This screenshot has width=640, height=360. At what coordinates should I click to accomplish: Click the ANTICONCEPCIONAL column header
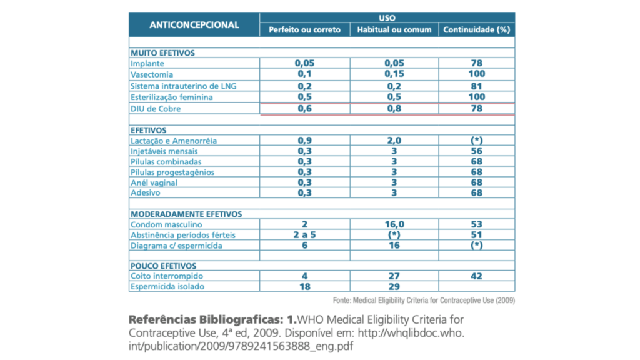coord(194,25)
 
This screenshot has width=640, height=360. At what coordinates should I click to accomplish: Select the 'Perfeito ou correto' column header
coord(305,30)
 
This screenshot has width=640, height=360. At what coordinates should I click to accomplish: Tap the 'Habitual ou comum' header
coord(394,30)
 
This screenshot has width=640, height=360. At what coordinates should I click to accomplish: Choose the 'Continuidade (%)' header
coord(477,30)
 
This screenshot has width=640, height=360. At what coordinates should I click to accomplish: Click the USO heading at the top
coord(387,18)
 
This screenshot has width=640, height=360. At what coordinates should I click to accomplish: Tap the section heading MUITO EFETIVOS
coord(162,53)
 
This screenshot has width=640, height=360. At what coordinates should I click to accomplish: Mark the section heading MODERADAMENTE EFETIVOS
coord(186,214)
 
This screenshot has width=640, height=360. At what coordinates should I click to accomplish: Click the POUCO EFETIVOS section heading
coord(163,266)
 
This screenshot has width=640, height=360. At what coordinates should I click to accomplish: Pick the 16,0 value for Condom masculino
coord(394,224)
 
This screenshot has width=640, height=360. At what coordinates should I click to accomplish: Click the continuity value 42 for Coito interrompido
coord(477,276)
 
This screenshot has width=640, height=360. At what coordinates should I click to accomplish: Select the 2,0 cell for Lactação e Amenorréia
coord(394,141)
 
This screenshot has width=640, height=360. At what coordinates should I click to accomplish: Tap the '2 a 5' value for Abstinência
coord(305,235)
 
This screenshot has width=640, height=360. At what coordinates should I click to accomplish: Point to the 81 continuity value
coord(477,86)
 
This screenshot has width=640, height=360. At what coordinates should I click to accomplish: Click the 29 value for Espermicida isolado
coord(394,287)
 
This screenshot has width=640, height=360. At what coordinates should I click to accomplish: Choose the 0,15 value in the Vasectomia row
coord(394,74)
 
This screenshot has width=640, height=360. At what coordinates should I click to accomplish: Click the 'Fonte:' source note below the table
coord(424,301)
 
